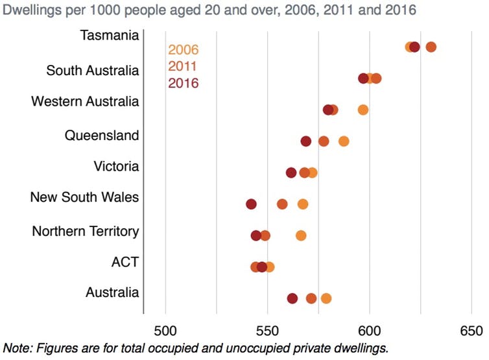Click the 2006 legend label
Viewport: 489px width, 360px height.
(x=183, y=50)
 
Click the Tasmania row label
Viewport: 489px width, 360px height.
(x=109, y=35)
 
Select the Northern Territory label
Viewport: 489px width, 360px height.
(x=85, y=231)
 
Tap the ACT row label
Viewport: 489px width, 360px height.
(x=125, y=262)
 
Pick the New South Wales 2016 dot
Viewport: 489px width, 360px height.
(x=252, y=204)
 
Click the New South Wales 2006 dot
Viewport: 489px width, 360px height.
(x=303, y=204)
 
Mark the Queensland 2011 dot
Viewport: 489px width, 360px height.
(x=324, y=141)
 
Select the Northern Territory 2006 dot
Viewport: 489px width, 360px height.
(x=301, y=235)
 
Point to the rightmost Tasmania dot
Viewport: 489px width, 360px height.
(x=431, y=47)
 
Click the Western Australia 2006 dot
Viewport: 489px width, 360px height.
(x=363, y=110)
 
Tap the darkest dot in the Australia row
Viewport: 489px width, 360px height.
(x=292, y=298)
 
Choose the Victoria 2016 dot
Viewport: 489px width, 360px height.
(x=291, y=173)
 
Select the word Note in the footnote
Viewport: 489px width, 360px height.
(x=16, y=348)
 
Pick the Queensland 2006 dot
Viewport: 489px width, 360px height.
(x=344, y=141)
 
